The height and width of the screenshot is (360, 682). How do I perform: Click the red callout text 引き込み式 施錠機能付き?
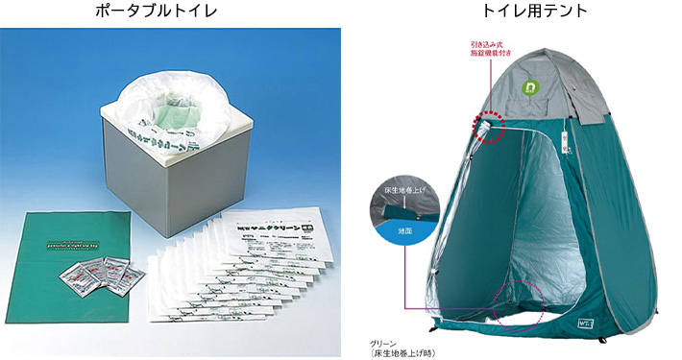point(494,49)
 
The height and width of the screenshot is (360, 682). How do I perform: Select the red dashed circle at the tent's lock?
point(491,124)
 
